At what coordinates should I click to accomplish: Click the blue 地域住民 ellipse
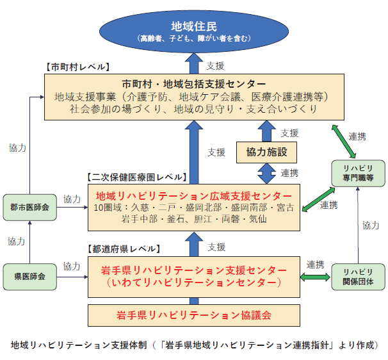193,29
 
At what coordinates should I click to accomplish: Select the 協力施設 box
262,152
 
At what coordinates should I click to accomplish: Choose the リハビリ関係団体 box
357,277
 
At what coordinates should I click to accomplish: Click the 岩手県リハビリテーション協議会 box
193,315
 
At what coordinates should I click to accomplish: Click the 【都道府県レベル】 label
122,248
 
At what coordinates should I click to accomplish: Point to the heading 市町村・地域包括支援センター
193,84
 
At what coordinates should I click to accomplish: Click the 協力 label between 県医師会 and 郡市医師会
16,241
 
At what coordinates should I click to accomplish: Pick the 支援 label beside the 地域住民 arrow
216,66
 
